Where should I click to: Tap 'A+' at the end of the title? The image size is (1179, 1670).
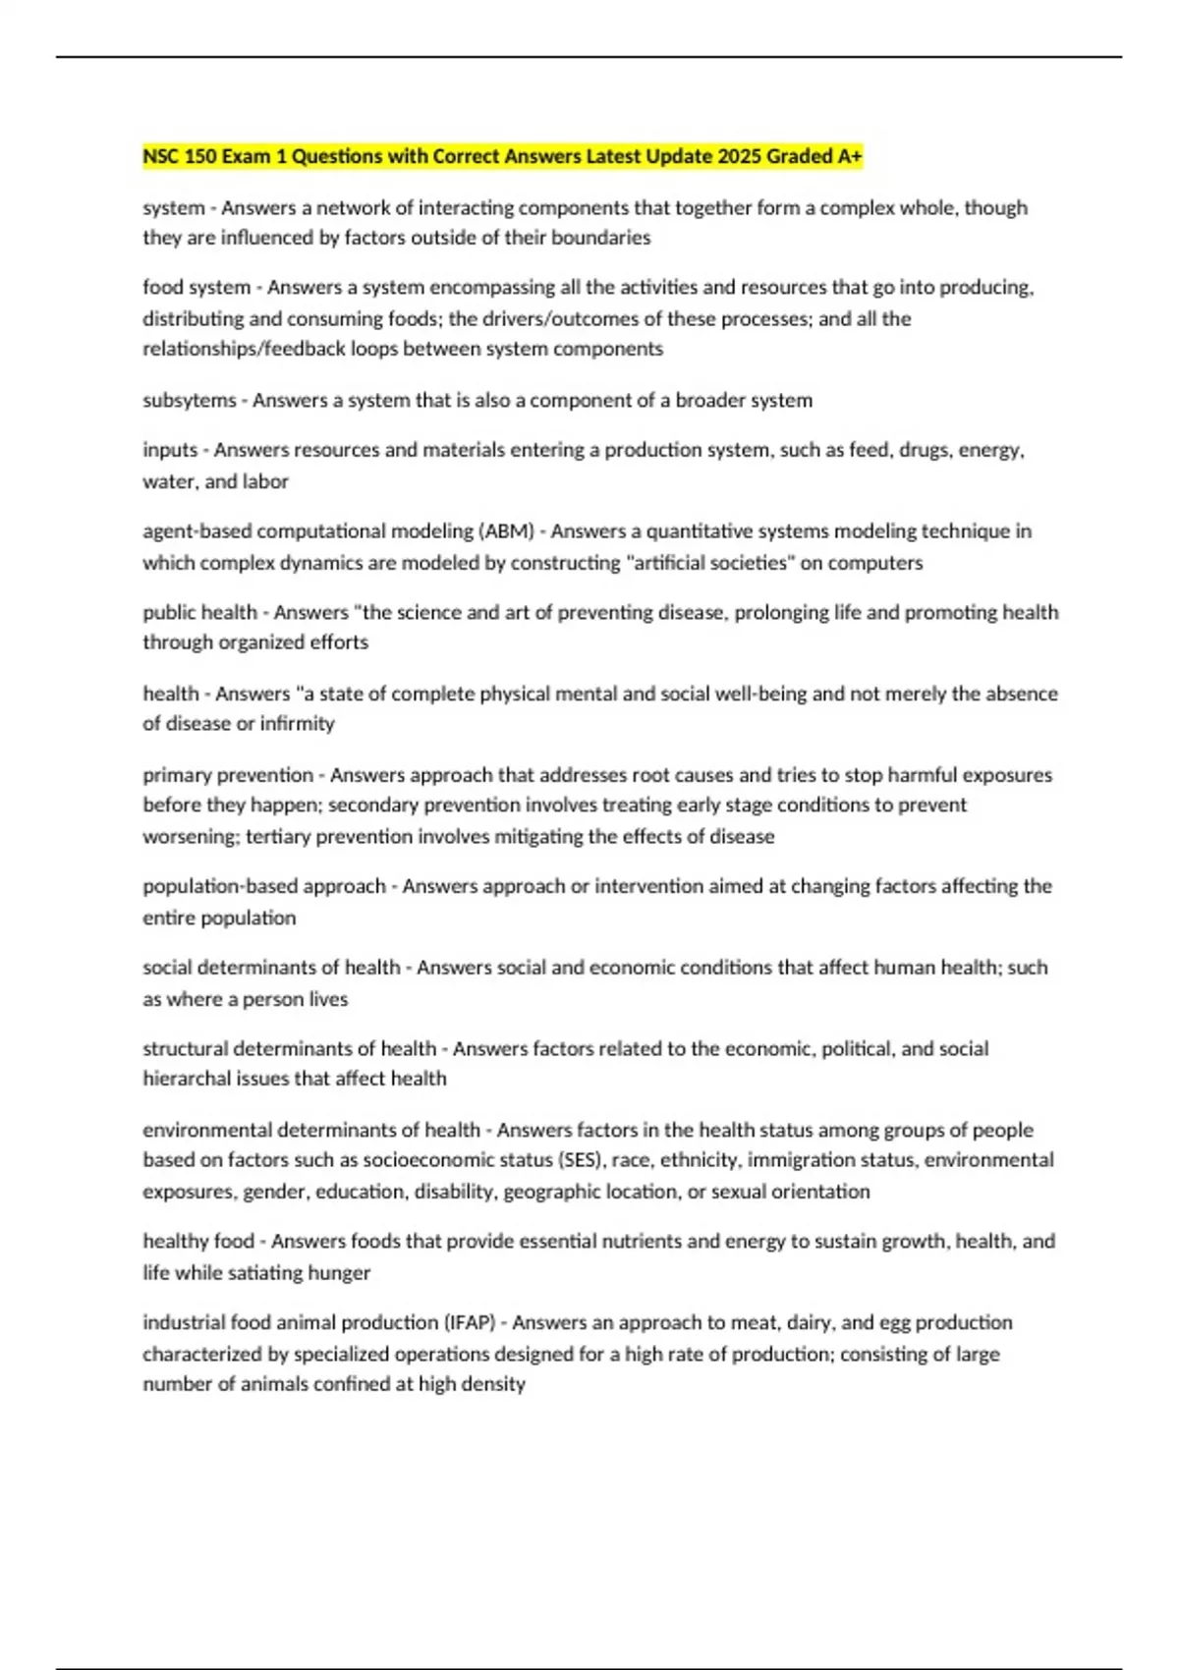point(849,156)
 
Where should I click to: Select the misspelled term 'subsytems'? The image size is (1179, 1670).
point(190,400)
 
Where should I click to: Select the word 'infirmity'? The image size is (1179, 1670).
point(296,724)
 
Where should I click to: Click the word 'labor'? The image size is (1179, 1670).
point(265,482)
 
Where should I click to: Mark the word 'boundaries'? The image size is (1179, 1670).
point(601,238)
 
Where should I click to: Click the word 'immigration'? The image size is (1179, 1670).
point(798,1160)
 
